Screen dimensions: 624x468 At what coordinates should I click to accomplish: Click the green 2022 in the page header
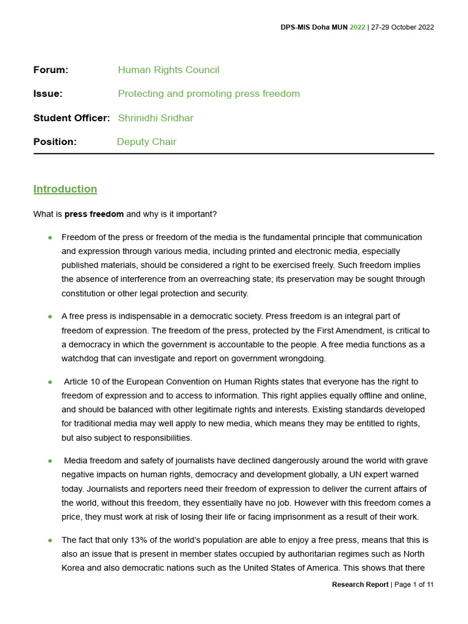click(x=358, y=27)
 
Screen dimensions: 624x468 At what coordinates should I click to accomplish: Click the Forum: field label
click(x=51, y=70)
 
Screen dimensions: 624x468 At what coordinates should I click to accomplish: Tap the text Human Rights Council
click(x=168, y=70)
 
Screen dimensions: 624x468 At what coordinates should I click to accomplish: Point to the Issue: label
click(x=48, y=94)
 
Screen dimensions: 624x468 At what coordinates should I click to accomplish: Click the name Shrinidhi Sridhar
click(x=155, y=118)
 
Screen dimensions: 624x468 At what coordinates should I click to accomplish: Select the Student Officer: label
click(x=71, y=118)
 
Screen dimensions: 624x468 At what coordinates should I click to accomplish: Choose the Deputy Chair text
click(x=147, y=142)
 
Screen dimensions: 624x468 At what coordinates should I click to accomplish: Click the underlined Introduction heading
click(x=65, y=189)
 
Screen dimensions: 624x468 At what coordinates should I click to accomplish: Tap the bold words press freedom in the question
click(x=94, y=214)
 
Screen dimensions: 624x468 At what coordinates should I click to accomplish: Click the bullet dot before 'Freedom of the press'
click(x=50, y=238)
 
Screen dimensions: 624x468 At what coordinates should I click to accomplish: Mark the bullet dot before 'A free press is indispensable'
click(x=50, y=317)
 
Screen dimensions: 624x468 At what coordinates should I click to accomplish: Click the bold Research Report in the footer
click(x=360, y=584)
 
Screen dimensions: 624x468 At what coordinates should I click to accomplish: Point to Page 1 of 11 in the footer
click(x=414, y=584)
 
